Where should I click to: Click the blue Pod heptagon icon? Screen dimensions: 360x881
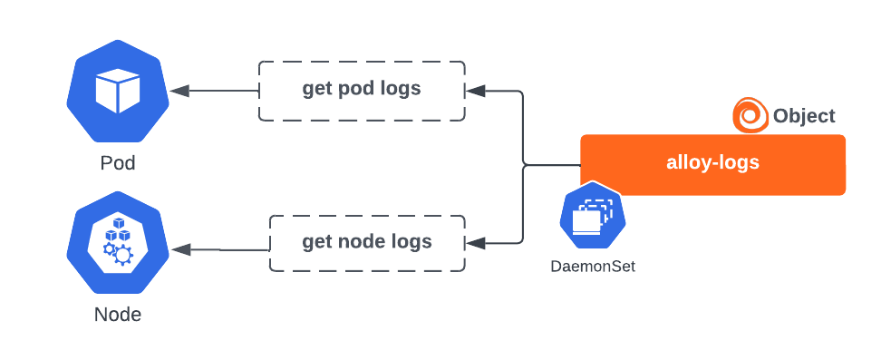click(117, 91)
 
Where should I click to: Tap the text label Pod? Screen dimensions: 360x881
click(117, 164)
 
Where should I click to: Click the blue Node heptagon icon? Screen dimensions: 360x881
click(117, 243)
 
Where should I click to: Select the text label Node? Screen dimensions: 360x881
click(117, 315)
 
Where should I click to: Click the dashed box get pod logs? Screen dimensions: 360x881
click(362, 91)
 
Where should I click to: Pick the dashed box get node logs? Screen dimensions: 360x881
click(367, 243)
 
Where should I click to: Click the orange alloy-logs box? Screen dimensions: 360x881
click(712, 164)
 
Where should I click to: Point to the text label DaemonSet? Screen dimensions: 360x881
click(592, 267)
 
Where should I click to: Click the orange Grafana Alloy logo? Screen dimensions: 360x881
click(749, 115)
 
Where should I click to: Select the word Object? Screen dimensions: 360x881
click(804, 116)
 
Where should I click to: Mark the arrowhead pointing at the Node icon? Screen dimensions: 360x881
click(178, 248)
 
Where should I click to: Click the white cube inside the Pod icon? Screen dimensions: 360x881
click(117, 91)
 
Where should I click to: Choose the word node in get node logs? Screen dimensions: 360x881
click(365, 242)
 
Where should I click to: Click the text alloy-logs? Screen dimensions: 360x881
click(712, 164)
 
